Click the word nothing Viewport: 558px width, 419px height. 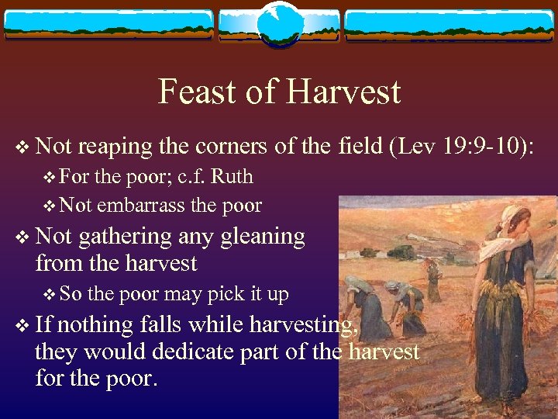tap(92, 325)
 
